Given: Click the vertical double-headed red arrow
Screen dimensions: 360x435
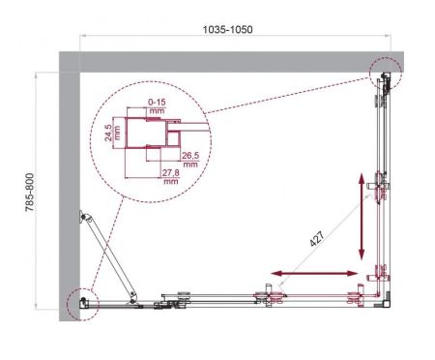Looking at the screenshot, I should pyautogui.click(x=363, y=214).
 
